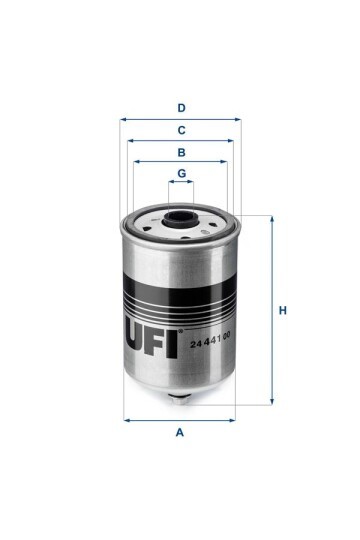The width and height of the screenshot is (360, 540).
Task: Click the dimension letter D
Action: (181, 107)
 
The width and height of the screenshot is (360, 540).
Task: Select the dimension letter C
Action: (181, 130)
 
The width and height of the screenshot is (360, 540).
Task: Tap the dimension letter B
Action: (181, 152)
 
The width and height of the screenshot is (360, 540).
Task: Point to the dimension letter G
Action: (181, 174)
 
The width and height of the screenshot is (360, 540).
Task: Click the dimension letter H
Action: (283, 310)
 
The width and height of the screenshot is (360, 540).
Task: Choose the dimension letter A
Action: (180, 432)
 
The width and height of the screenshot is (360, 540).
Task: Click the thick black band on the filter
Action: (180, 298)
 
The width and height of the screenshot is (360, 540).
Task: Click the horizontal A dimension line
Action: (150, 419)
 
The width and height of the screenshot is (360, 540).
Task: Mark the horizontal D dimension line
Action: (150, 119)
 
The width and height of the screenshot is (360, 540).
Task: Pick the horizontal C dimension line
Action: (150, 141)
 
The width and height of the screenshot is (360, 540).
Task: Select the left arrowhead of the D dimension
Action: (123, 119)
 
